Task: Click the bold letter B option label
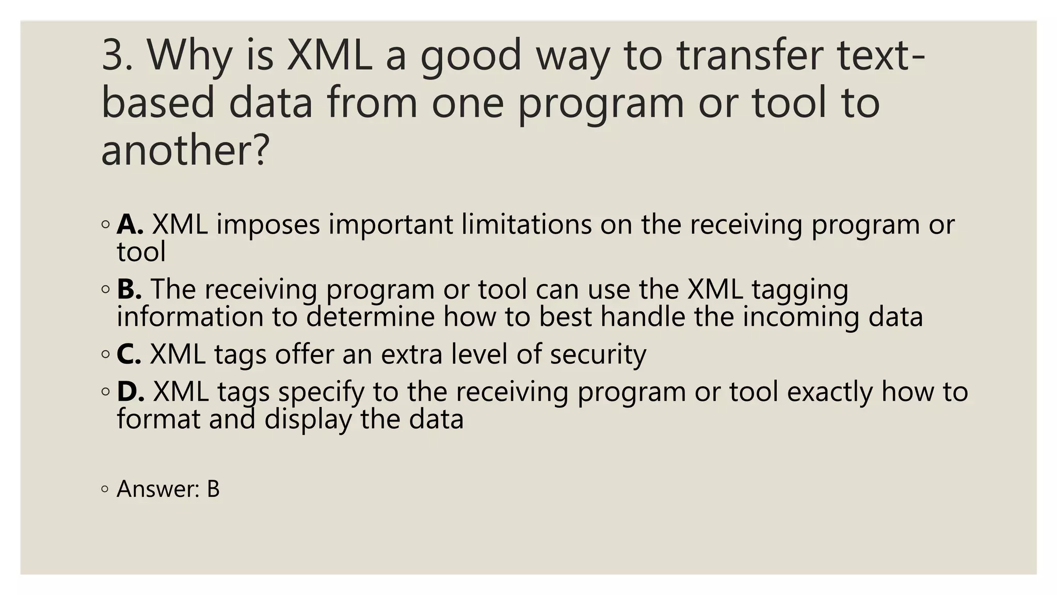[129, 289]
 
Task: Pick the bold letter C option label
[129, 354]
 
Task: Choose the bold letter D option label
[130, 392]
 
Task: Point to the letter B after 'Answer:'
[213, 489]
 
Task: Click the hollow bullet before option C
[106, 355]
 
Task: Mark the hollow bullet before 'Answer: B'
[106, 489]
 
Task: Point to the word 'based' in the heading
[157, 102]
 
